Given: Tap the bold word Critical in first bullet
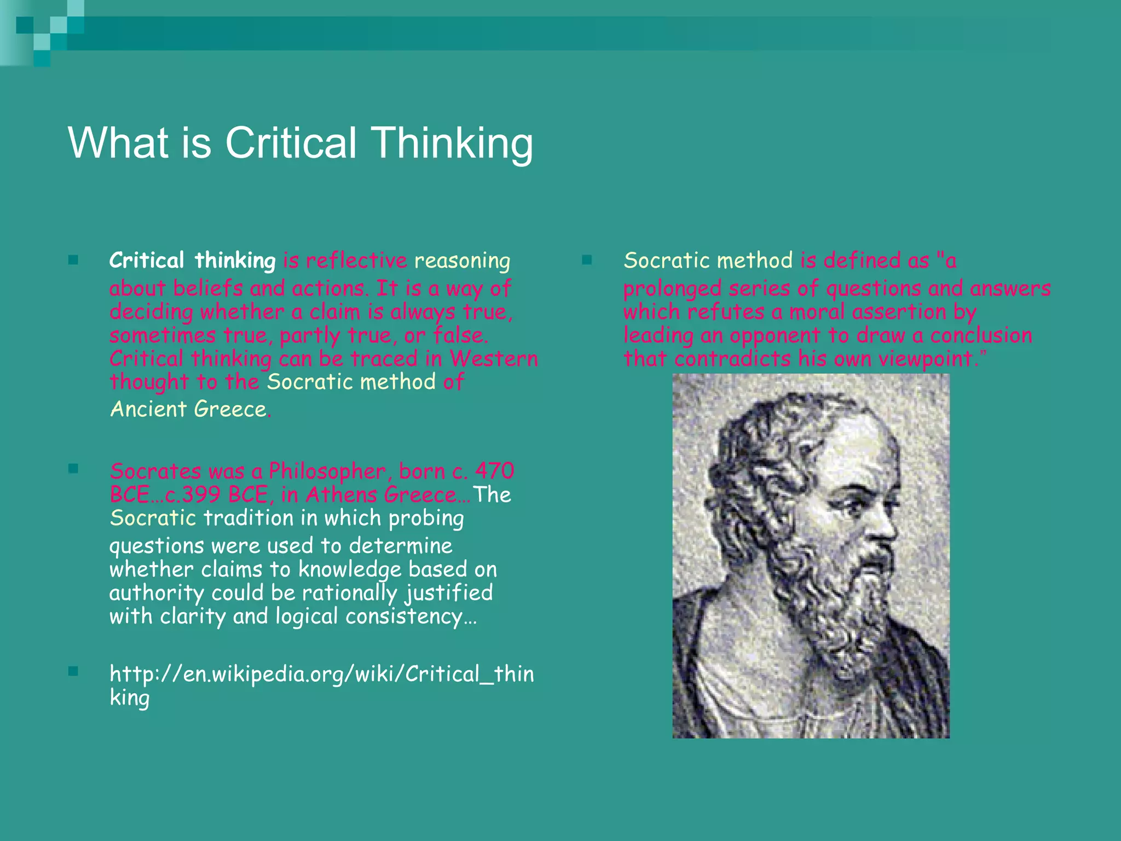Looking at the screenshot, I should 146,261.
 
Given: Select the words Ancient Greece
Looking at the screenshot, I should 188,410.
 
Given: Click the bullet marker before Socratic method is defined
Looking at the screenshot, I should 587,260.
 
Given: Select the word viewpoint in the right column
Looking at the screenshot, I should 925,359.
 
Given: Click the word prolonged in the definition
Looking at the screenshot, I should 664,289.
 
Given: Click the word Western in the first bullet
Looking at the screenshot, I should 494,359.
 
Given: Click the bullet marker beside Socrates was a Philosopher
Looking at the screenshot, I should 73,469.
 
